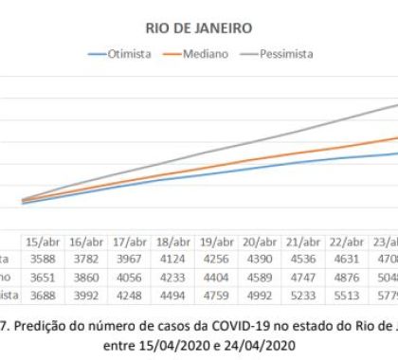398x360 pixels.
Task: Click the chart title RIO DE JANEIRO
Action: click(x=199, y=28)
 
